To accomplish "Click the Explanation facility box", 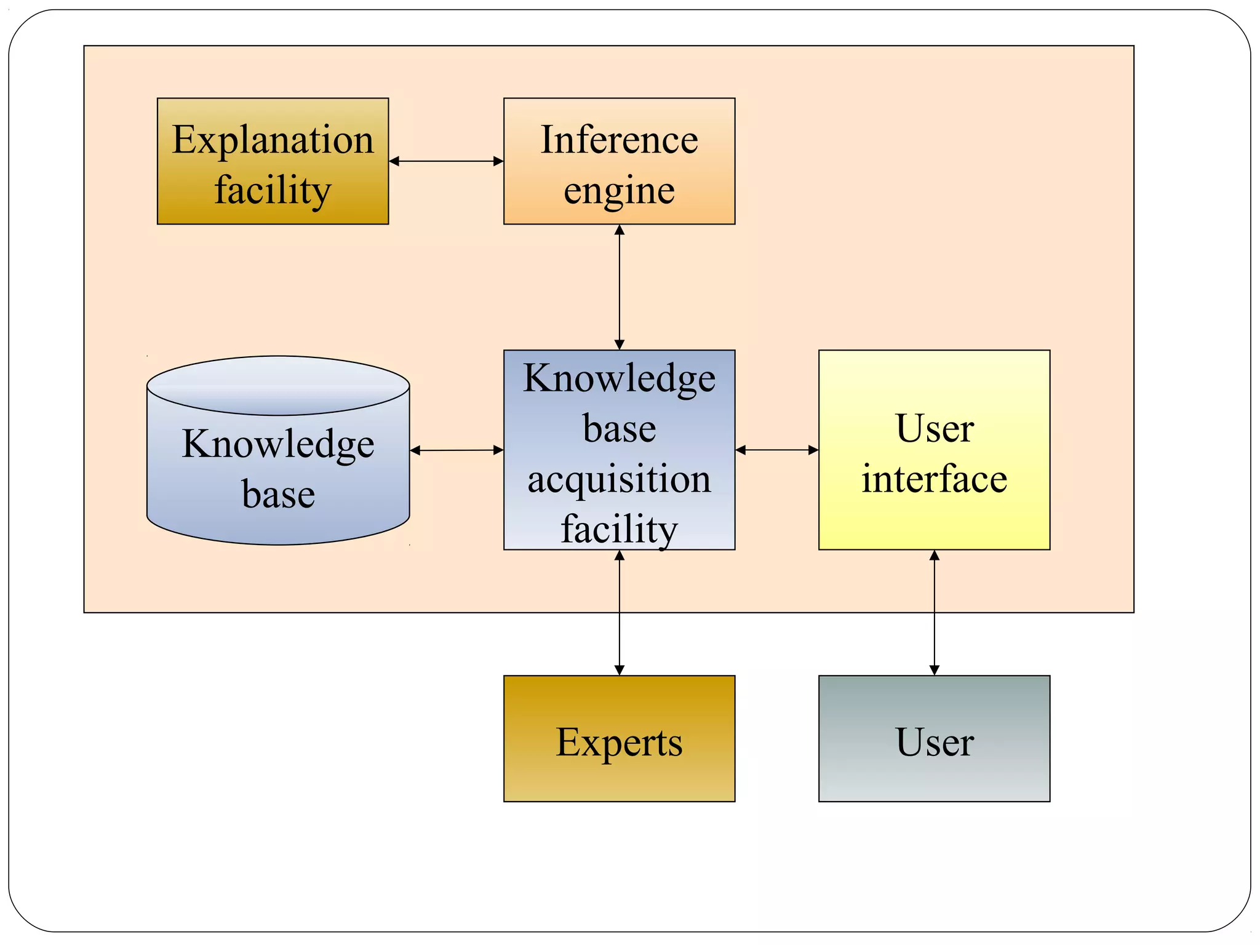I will pos(273,161).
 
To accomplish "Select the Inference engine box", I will pos(619,161).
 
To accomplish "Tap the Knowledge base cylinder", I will pos(278,468).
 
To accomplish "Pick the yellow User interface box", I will pos(934,450).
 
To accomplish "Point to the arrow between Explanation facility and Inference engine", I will pos(446,161).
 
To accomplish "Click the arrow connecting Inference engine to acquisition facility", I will pos(620,287).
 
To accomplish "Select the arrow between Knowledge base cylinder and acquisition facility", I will pos(457,450).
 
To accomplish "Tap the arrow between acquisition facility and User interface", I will pos(776,450).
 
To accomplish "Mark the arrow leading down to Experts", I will pos(620,612).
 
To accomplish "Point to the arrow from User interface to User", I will pos(934,612).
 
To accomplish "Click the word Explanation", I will pos(273,140).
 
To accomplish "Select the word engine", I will pos(619,191).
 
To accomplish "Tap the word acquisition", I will pos(619,479).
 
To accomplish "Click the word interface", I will pos(934,479).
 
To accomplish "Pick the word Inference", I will pos(619,140).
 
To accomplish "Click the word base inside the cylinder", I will pos(278,494).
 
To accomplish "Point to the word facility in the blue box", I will pos(619,529).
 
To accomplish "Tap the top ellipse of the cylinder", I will pos(278,385).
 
